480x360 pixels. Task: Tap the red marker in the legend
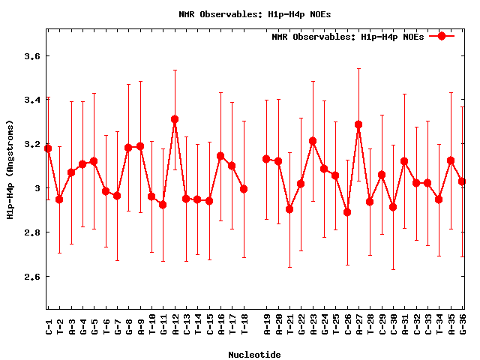coord(442,36)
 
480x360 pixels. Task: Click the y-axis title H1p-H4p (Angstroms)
coord(10,169)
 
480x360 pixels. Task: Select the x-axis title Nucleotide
coord(255,355)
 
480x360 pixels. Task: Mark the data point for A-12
coord(175,119)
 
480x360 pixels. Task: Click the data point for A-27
coord(358,124)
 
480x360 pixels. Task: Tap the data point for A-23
coord(313,141)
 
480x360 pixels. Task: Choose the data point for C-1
coord(48,148)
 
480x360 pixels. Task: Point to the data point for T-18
coord(244,189)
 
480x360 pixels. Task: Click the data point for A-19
coord(266,159)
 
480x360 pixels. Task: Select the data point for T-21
coord(289,209)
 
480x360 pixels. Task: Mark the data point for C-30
coord(393,207)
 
